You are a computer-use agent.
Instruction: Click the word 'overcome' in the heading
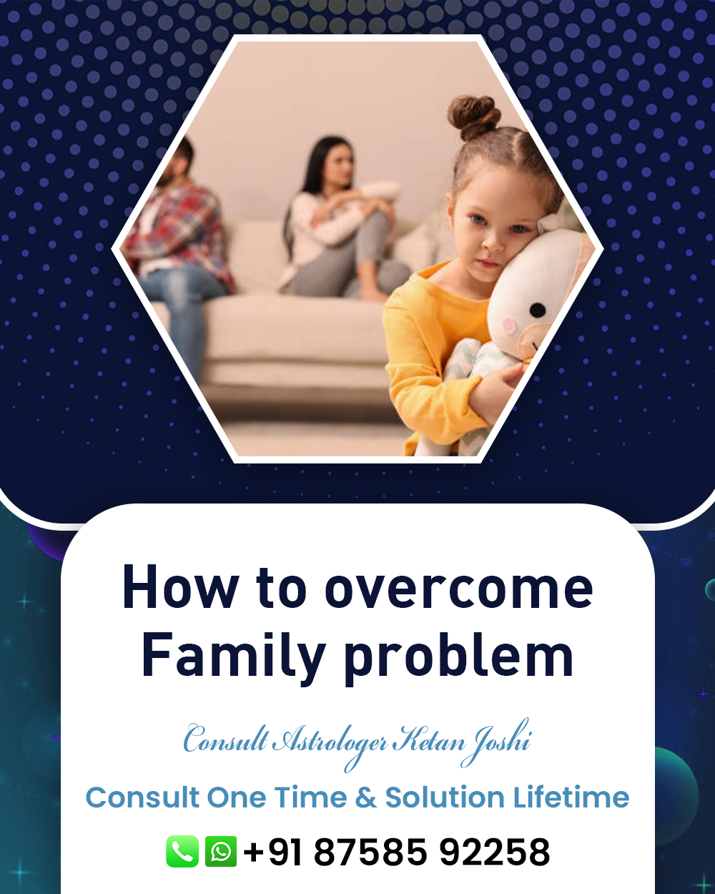tap(458, 590)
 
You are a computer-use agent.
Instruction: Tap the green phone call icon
tap(182, 851)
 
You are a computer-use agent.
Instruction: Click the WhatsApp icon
tap(221, 851)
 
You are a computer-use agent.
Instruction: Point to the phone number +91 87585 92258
tap(396, 852)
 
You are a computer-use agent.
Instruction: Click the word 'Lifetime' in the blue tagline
tap(571, 797)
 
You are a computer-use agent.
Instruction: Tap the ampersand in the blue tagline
tap(365, 798)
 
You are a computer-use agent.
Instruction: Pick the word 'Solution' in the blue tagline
tap(445, 797)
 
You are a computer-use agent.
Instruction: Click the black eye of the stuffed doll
tap(538, 310)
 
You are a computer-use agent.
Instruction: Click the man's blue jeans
tap(183, 303)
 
